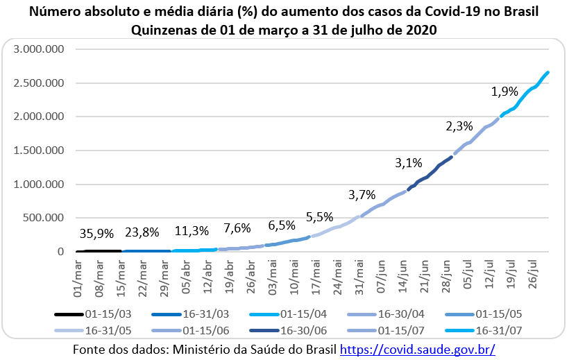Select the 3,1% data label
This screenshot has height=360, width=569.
point(409,163)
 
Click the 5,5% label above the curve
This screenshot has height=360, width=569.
point(319,217)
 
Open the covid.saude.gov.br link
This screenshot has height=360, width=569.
point(418,350)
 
